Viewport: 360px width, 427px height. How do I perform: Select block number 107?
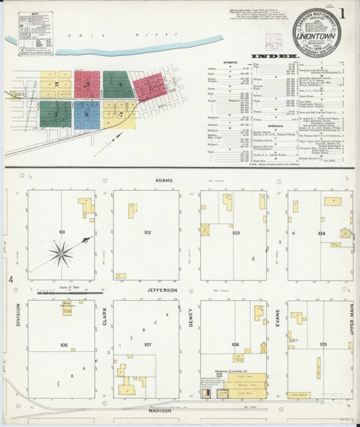point(147,345)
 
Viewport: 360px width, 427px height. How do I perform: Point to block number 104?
point(321,234)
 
